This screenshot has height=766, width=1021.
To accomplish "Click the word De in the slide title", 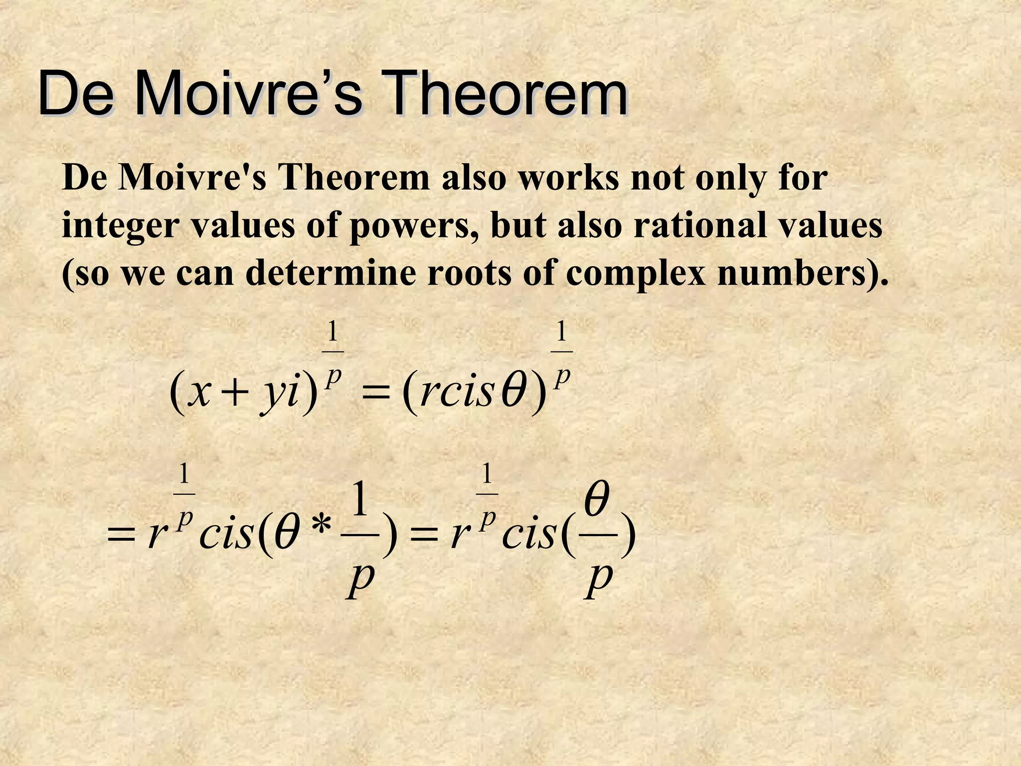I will pos(75,94).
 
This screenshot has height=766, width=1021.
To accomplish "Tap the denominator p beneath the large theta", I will pos(599,580).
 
